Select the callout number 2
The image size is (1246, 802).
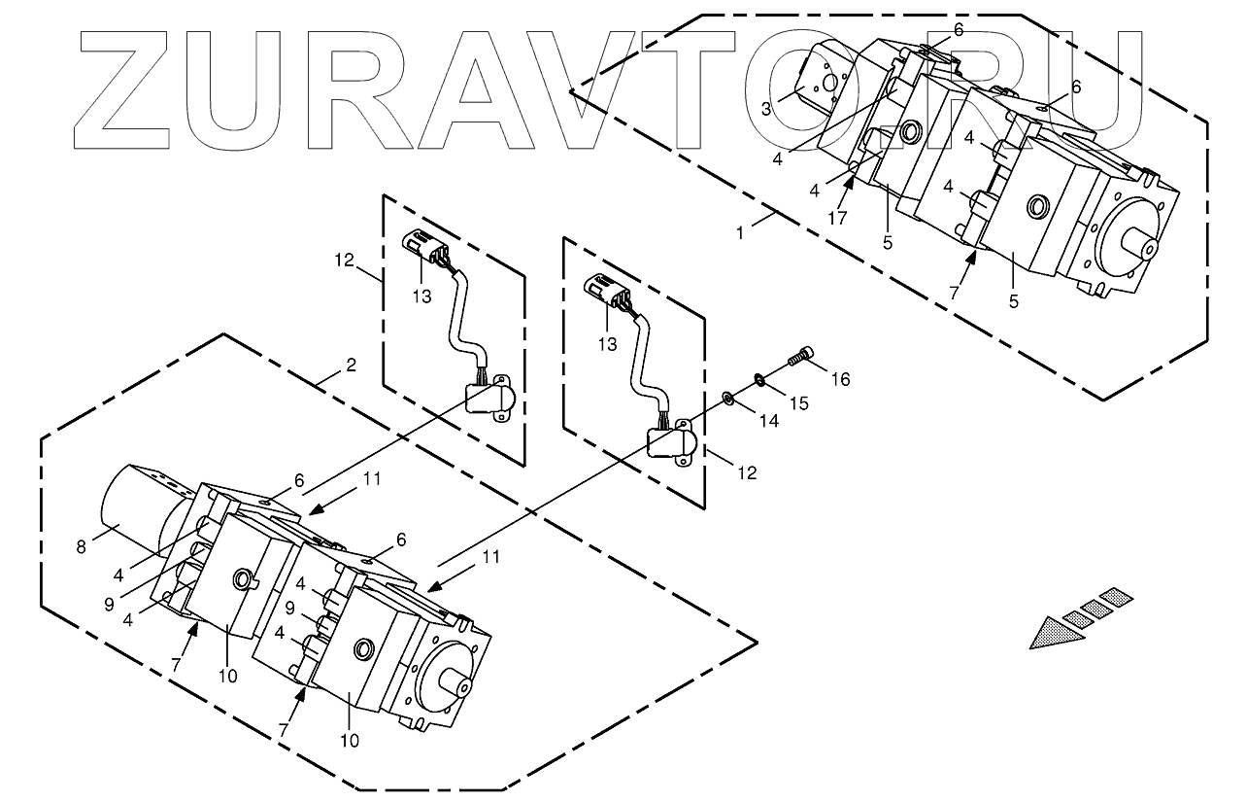(x=351, y=366)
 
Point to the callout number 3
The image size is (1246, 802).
(x=766, y=109)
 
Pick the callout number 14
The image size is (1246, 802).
(x=770, y=421)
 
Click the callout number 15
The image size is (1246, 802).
(x=801, y=402)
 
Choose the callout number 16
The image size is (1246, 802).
(x=840, y=379)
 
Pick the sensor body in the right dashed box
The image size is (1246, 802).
(x=669, y=443)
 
